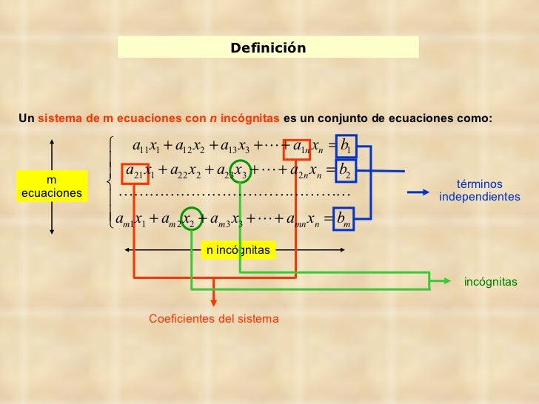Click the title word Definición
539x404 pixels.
click(267, 48)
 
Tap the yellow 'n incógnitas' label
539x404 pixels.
click(237, 250)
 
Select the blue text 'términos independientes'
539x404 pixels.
click(479, 191)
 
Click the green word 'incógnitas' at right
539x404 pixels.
click(490, 282)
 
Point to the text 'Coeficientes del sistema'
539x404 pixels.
click(213, 319)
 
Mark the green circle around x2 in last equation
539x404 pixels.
click(191, 219)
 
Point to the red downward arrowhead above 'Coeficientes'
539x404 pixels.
click(214, 300)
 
